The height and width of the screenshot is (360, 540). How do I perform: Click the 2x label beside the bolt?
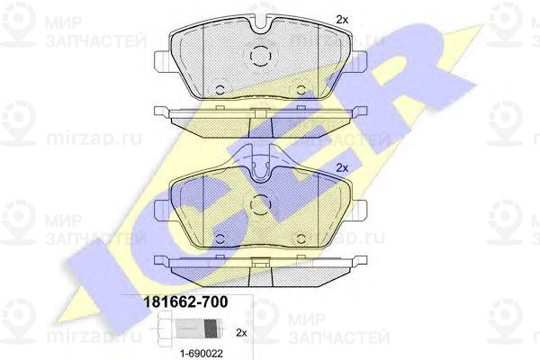tap(240, 330)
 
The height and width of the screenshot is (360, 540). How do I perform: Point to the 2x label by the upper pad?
tap(342, 19)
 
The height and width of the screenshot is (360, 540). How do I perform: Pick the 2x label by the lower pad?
tap(342, 167)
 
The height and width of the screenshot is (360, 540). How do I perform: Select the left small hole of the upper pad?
tap(220, 89)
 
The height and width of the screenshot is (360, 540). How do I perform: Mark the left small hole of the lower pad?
tap(220, 236)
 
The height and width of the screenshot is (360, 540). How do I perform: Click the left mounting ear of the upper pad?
tap(162, 63)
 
